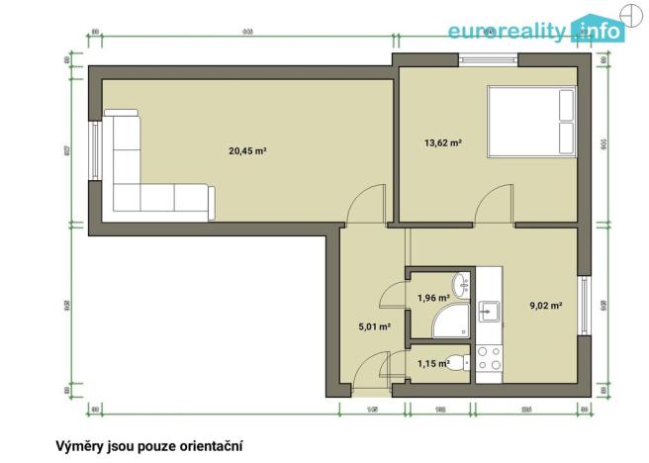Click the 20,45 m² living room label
248,151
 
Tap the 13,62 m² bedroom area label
444,143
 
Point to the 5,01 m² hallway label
374,325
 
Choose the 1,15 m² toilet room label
432,363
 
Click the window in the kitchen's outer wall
585,306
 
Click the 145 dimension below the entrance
373,409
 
